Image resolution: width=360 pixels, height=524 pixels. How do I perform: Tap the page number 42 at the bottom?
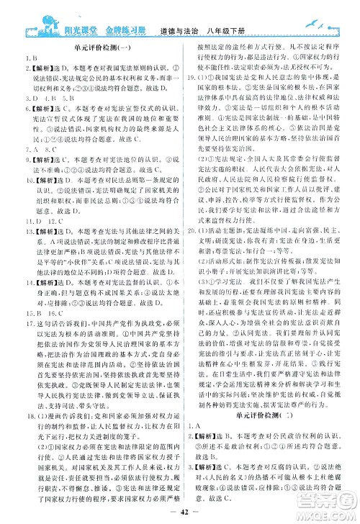point(180,512)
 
